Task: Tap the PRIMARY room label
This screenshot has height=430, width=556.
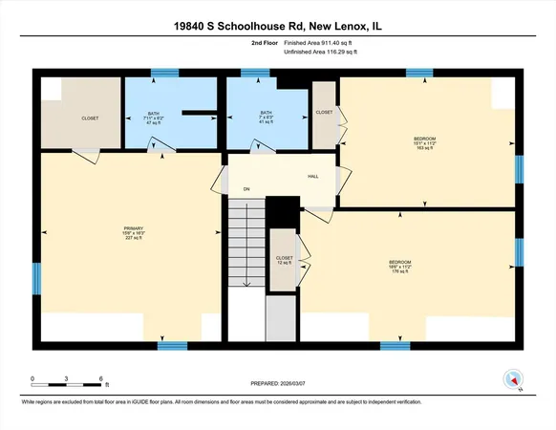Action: tap(133, 232)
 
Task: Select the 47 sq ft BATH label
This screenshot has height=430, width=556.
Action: tap(154, 117)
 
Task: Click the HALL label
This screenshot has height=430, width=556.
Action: tap(311, 177)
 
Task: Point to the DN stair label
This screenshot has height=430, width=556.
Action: tap(246, 189)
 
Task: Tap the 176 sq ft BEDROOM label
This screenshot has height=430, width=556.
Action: tap(399, 266)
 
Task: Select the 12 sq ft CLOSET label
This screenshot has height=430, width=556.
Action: tap(284, 262)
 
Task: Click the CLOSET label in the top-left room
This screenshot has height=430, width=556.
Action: tap(90, 118)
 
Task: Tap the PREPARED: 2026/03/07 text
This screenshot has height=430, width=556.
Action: tap(278, 383)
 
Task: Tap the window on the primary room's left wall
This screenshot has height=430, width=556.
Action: tap(36, 278)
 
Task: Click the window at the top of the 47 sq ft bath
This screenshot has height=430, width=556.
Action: tap(164, 73)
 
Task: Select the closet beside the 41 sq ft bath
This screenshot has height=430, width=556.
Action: tap(325, 114)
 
